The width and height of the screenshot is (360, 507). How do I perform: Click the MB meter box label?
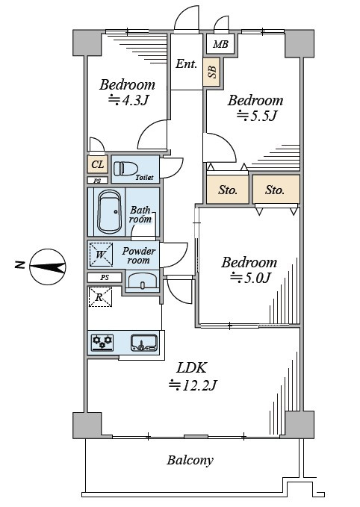(220, 44)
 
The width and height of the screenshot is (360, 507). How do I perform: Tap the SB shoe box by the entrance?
(212, 72)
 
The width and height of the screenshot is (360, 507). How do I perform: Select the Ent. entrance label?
(186, 63)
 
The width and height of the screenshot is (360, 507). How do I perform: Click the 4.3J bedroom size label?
(128, 100)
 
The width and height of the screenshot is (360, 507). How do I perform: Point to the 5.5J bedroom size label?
(257, 116)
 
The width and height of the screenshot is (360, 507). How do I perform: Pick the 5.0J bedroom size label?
(250, 278)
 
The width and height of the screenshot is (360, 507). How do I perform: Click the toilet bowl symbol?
(125, 169)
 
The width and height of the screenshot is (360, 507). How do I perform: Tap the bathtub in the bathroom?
(110, 211)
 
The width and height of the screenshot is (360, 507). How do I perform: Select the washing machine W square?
(101, 255)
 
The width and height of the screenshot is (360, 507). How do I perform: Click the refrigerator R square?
(100, 297)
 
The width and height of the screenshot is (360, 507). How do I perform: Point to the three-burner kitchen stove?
(102, 343)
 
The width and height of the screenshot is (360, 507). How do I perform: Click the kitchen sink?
(144, 343)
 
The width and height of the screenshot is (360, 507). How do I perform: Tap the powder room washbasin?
(143, 281)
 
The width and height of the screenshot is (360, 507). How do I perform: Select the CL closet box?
(98, 164)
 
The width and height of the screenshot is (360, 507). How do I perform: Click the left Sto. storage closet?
(228, 190)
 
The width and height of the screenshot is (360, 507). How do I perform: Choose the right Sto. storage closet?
(276, 190)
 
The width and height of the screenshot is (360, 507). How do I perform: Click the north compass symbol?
(48, 267)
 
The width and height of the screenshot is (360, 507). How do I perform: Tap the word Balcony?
(190, 460)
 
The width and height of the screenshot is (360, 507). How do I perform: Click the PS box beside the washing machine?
(105, 278)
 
